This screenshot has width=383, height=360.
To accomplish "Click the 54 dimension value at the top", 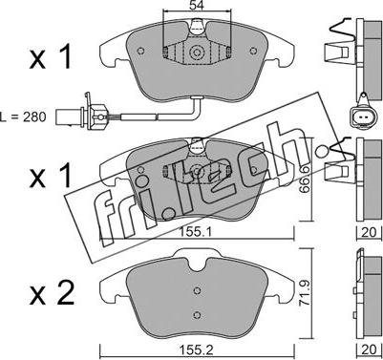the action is [197, 5].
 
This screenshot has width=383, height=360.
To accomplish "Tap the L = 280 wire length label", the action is [23, 117].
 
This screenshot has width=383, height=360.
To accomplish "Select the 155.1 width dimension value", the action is [196, 233].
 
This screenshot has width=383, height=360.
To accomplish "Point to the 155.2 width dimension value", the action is [196, 350].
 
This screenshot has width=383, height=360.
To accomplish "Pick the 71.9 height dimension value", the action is [305, 293].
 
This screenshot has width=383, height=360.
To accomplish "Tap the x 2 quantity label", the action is [52, 293].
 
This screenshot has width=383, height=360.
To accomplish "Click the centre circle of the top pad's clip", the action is [196, 52].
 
